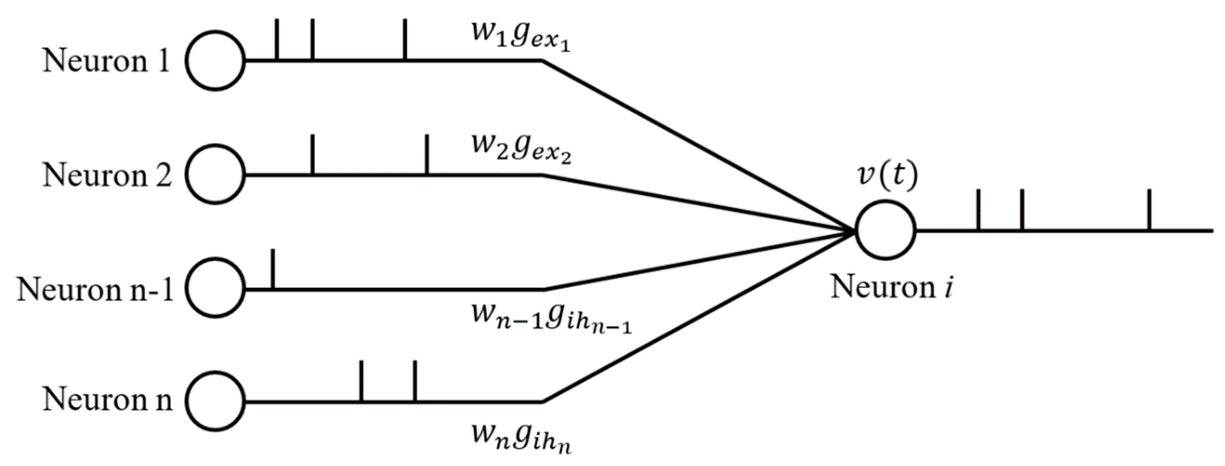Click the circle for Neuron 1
(215, 61)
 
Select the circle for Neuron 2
(215, 174)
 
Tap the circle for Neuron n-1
(215, 288)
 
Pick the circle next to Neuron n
(215, 401)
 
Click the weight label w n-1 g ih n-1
(551, 318)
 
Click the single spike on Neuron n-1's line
(273, 269)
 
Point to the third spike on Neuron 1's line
(405, 39)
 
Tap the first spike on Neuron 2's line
(313, 154)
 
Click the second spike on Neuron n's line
(415, 380)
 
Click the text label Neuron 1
(106, 62)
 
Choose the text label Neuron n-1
(95, 290)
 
